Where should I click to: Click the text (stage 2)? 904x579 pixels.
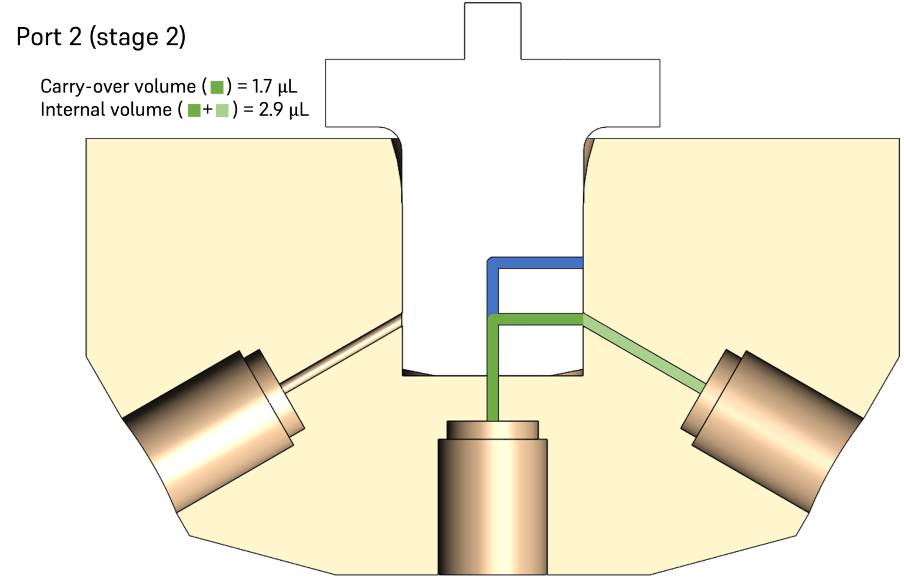click(137, 37)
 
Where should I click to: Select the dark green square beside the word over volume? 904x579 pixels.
click(217, 87)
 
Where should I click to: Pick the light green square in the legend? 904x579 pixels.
click(222, 110)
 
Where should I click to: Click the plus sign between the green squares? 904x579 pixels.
click(207, 110)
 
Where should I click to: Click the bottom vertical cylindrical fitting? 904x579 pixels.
click(493, 507)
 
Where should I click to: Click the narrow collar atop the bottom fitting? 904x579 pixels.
click(493, 430)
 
